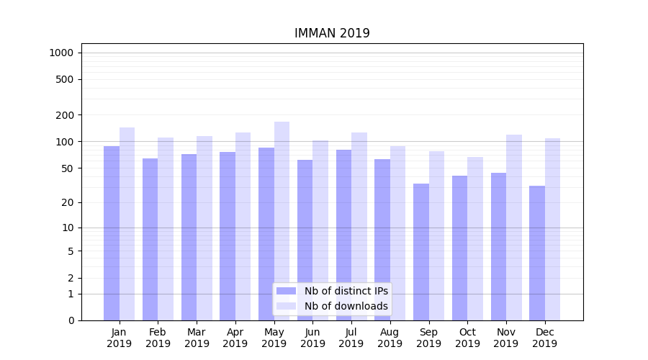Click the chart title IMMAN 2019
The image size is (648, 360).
pyautogui.click(x=332, y=34)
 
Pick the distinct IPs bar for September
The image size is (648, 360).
pyautogui.click(x=421, y=252)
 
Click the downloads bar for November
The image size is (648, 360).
pyautogui.click(x=514, y=228)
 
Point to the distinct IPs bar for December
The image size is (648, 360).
pyautogui.click(x=537, y=253)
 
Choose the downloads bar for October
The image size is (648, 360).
pyautogui.click(x=475, y=238)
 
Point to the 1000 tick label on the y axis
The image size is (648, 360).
pyautogui.click(x=61, y=53)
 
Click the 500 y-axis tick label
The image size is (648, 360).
pyautogui.click(x=66, y=79)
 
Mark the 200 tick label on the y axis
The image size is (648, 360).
pyautogui.click(x=66, y=115)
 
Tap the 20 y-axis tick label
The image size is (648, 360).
pyautogui.click(x=68, y=202)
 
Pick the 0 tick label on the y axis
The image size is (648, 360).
pyautogui.click(x=71, y=320)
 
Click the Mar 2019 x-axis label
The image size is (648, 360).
pyautogui.click(x=197, y=338)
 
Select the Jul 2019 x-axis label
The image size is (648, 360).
pyautogui.click(x=351, y=338)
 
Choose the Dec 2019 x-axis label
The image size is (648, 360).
pyautogui.click(x=544, y=338)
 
